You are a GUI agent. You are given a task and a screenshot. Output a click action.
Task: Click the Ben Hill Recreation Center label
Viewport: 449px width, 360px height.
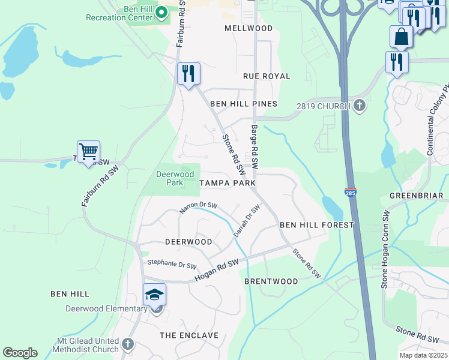[119, 13]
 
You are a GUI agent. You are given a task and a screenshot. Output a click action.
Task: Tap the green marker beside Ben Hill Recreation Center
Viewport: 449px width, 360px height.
[161, 12]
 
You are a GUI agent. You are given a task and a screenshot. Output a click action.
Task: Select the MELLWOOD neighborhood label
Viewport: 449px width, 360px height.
[249, 28]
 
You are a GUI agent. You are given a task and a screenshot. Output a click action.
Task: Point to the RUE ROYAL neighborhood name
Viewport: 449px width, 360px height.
[267, 76]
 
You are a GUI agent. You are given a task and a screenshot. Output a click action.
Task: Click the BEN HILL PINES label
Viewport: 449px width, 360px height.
[244, 104]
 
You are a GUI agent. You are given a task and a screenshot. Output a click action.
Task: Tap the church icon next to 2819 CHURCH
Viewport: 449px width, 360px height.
[359, 106]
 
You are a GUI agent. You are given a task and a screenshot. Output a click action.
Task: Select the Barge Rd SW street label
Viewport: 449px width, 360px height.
[255, 146]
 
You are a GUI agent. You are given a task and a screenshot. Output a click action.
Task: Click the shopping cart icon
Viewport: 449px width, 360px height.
[88, 152]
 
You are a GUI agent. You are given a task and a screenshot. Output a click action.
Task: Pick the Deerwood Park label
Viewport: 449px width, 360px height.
[175, 178]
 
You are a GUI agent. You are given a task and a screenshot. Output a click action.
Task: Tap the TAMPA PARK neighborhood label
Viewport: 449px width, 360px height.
[228, 182]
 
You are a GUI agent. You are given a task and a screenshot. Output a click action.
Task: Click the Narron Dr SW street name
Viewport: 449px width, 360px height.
[198, 208]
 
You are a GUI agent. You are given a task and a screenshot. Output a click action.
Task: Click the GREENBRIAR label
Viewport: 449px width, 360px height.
[416, 196]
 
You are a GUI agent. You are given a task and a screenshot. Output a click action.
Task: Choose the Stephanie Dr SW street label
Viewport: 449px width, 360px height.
[172, 265]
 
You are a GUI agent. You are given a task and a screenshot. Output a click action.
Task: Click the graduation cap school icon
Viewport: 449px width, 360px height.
[154, 295]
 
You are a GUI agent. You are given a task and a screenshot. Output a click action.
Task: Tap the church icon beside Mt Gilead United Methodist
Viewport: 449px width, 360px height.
[127, 344]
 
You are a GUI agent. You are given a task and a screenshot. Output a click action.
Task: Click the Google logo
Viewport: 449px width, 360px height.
[20, 353]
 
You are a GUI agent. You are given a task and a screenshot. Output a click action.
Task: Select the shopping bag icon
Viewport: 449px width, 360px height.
[401, 37]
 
